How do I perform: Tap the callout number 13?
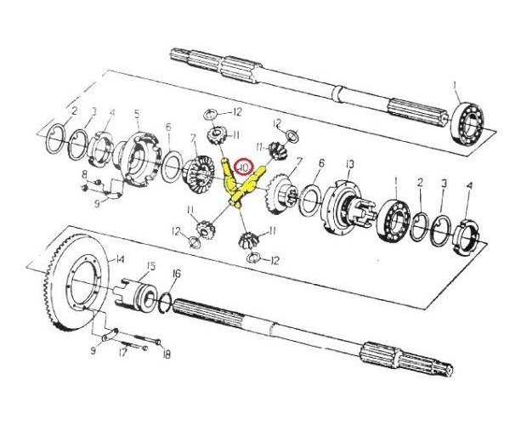pyautogui.click(x=349, y=164)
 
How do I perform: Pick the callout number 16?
pyautogui.click(x=176, y=273)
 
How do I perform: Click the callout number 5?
pyautogui.click(x=136, y=113)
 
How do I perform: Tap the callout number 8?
pyautogui.click(x=84, y=176)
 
